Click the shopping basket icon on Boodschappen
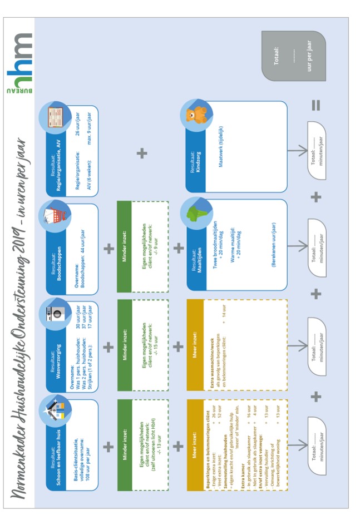pyautogui.click(x=55, y=217)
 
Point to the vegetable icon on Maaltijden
pyautogui.click(x=196, y=212)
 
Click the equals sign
pyautogui.click(x=316, y=105)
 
